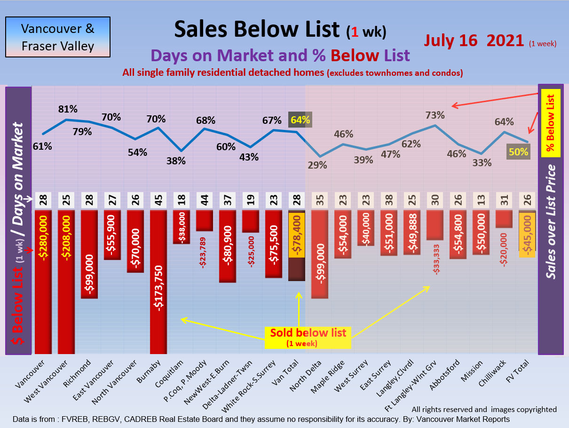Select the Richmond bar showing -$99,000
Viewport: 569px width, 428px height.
89,254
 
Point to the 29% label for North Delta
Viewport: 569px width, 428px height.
318,165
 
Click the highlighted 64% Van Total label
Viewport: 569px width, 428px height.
300,120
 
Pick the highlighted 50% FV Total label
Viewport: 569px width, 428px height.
518,152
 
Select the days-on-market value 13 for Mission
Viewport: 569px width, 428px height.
481,201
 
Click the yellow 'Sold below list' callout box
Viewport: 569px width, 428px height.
308,337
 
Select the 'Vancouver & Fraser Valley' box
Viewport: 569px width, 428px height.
57,37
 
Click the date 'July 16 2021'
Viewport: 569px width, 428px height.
474,40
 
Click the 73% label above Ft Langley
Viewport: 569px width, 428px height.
435,115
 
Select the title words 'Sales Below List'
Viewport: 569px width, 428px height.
257,29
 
